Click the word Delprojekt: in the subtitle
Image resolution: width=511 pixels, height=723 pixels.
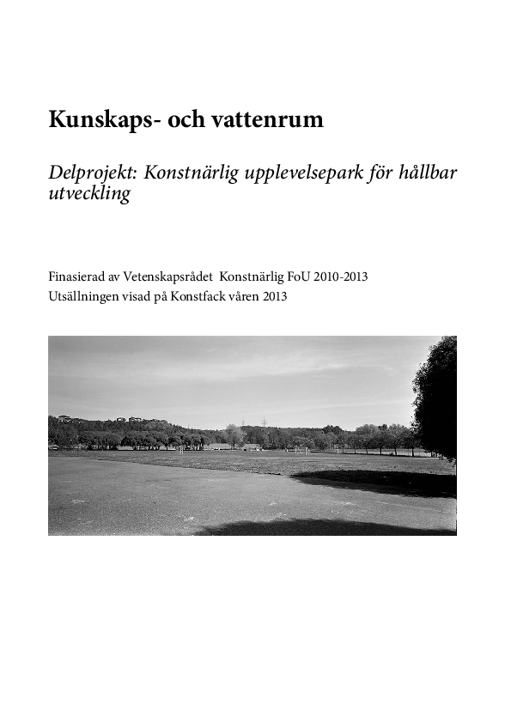pyautogui.click(x=93, y=173)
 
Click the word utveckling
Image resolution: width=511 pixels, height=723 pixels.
pyautogui.click(x=89, y=194)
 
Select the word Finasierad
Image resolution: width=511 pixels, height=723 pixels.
pyautogui.click(x=79, y=276)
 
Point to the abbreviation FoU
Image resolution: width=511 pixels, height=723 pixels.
pyautogui.click(x=298, y=276)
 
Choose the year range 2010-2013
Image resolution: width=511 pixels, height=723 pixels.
pyautogui.click(x=341, y=276)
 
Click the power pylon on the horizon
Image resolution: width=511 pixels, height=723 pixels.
pyautogui.click(x=265, y=422)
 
